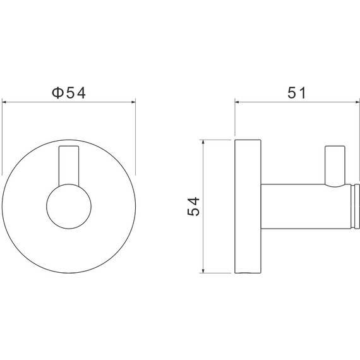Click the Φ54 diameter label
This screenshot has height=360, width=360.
69,93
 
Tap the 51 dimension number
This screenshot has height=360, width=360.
297,93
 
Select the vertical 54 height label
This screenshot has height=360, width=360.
193,206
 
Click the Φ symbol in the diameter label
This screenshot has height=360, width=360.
57,93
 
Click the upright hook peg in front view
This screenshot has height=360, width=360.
69,165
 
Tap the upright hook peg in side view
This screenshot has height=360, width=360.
335,165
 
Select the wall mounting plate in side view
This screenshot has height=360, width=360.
248,206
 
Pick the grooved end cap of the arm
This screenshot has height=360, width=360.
355,206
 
